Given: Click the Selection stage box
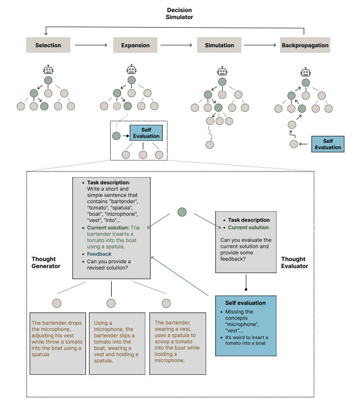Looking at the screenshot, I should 48,45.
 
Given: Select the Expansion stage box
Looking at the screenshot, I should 135,45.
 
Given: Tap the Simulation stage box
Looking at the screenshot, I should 219,45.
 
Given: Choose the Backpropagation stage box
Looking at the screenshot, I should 305,45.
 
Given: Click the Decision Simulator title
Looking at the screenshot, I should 179,13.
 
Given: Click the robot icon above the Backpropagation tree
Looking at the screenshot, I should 305,72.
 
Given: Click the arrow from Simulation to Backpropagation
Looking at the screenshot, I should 260,45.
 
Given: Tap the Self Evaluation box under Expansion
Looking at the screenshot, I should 146,133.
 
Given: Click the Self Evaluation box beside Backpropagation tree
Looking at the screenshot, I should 328,144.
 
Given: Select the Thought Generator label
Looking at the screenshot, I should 46,262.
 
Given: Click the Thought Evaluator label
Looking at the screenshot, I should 294,262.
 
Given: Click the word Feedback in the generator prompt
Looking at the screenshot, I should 99,254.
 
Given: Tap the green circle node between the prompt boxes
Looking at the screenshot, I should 182,212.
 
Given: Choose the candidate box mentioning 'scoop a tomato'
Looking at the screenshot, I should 177,343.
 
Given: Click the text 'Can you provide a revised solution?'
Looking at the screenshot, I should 109,265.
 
